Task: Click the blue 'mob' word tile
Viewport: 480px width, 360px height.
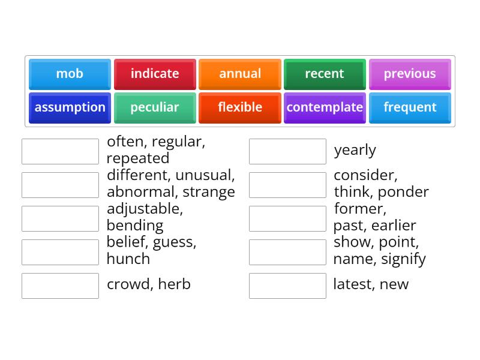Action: [x=70, y=74]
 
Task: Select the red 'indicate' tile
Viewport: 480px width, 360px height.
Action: [x=155, y=74]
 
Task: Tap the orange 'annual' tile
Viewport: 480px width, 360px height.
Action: [x=240, y=74]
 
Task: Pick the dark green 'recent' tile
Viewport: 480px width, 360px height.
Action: [x=325, y=74]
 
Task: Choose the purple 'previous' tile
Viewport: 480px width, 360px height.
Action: [x=410, y=74]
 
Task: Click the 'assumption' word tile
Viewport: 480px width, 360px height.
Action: [x=70, y=107]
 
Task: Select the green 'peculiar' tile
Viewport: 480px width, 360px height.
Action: [x=155, y=107]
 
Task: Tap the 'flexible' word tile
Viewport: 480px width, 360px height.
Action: [x=240, y=107]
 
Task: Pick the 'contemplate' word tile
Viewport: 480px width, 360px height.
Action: [x=325, y=107]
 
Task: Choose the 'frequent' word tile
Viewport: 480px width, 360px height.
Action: [x=410, y=107]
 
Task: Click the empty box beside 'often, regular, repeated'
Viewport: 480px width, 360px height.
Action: [x=60, y=151]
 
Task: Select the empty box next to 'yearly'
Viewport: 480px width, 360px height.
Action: [x=287, y=151]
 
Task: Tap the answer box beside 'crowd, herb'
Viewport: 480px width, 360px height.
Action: [x=60, y=286]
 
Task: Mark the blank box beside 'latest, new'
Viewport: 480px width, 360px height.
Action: [x=287, y=286]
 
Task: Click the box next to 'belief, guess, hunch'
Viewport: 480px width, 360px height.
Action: [x=60, y=252]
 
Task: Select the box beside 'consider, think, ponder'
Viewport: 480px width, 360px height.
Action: [x=287, y=185]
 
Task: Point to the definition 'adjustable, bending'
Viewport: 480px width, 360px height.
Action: [x=145, y=217]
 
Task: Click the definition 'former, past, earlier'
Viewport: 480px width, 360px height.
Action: [x=374, y=217]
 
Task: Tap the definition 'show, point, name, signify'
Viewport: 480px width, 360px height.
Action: [x=379, y=251]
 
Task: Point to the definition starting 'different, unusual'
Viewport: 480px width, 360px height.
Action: [x=170, y=184]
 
